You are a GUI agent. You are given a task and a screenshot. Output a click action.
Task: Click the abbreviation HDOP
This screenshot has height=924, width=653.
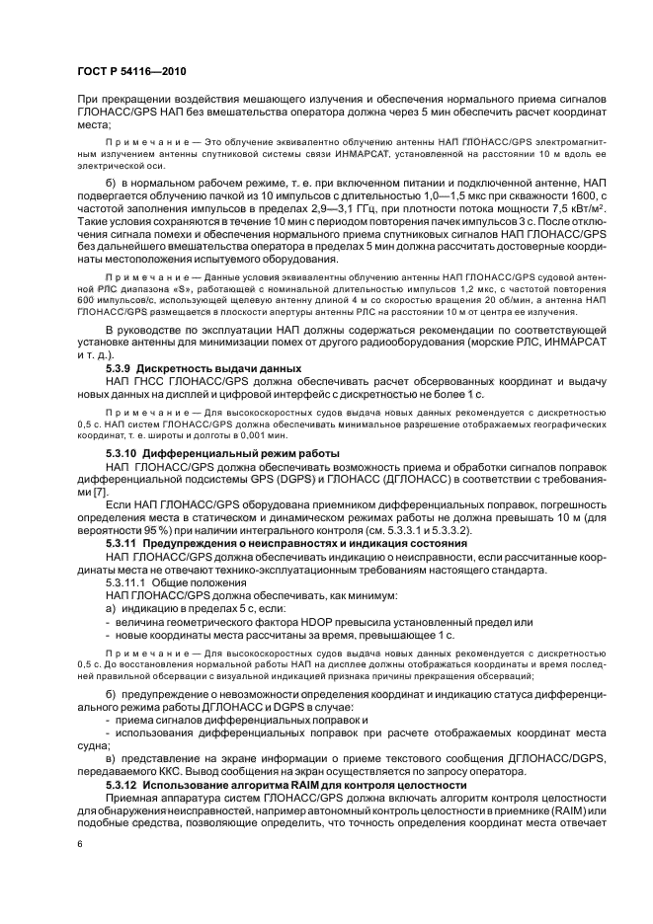325,622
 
